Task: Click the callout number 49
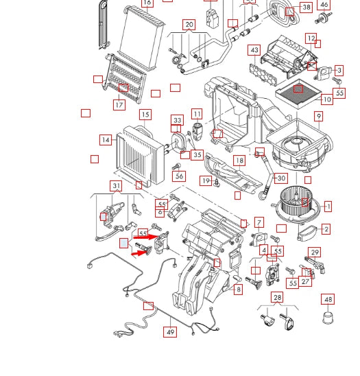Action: (x=170, y=332)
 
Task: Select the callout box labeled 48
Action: (x=328, y=299)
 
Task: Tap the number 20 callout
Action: (x=189, y=25)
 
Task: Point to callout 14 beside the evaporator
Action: (x=106, y=140)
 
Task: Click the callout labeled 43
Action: (x=254, y=50)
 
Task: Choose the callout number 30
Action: (x=281, y=178)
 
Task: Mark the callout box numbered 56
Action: (x=179, y=176)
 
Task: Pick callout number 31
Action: (x=117, y=186)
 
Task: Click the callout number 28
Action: (x=277, y=297)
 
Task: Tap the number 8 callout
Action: (x=238, y=290)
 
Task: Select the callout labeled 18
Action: (x=239, y=161)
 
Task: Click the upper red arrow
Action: (x=145, y=237)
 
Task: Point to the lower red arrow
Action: (x=141, y=252)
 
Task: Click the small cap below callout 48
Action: (x=328, y=318)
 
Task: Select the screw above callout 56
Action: (x=176, y=166)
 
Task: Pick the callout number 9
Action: (x=319, y=117)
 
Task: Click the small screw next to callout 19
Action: (x=217, y=183)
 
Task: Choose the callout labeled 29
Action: (x=315, y=252)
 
